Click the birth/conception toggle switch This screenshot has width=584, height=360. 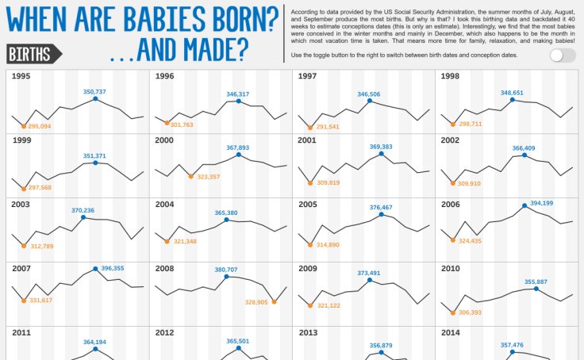pyautogui.click(x=562, y=55)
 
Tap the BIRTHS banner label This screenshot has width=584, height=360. pyautogui.click(x=34, y=54)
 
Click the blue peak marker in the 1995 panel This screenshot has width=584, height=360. pyautogui.click(x=95, y=99)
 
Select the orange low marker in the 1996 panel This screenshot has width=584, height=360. pyautogui.click(x=167, y=123)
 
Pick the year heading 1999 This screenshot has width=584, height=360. pyautogui.click(x=22, y=140)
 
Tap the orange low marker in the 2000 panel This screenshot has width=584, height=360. pyautogui.click(x=191, y=175)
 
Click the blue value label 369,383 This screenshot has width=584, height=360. pyautogui.click(x=381, y=147)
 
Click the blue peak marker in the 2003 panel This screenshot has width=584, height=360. pyautogui.click(x=83, y=217)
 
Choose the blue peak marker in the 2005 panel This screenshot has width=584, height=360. pyautogui.click(x=382, y=215)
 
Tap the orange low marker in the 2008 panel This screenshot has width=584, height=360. pyautogui.click(x=274, y=301)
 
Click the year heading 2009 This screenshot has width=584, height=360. pyautogui.click(x=309, y=268)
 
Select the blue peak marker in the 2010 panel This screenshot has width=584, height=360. pyautogui.click(x=536, y=289)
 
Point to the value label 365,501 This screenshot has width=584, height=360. pyautogui.click(x=238, y=341)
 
